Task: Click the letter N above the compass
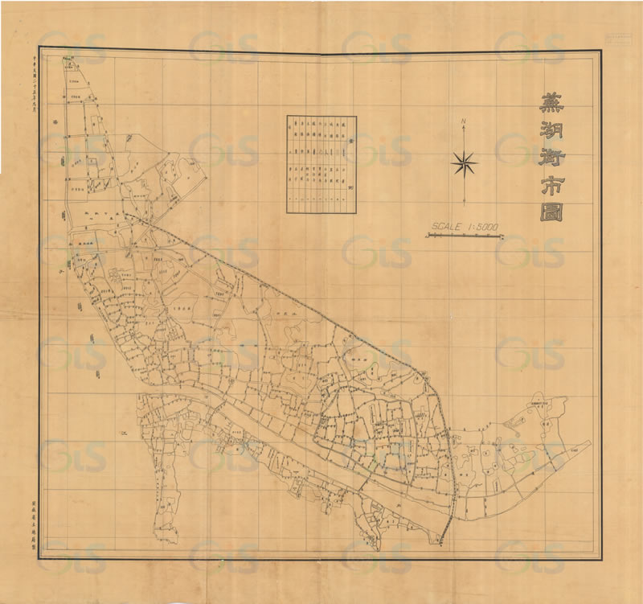(464, 122)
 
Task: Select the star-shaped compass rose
(464, 164)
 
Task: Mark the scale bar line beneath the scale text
(464, 236)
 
